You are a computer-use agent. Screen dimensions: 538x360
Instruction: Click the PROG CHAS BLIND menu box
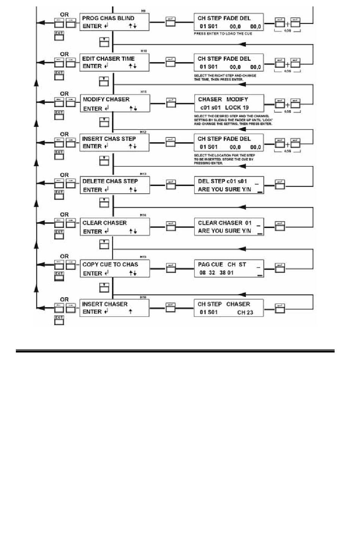click(114, 22)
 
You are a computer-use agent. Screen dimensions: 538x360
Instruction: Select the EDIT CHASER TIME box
click(114, 62)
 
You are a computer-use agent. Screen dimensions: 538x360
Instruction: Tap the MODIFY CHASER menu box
click(114, 103)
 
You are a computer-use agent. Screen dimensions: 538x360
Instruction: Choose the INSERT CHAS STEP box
click(114, 142)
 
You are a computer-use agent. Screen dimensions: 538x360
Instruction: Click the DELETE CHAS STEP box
click(114, 185)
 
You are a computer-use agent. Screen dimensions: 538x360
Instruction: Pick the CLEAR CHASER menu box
click(114, 227)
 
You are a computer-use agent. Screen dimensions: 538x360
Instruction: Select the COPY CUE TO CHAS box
click(114, 269)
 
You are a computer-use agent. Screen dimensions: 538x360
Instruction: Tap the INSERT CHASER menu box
click(114, 308)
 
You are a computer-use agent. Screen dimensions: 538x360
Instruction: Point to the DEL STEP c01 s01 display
click(229, 185)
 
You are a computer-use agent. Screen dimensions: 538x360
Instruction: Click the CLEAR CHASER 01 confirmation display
click(229, 227)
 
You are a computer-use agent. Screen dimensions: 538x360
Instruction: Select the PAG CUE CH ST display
click(229, 269)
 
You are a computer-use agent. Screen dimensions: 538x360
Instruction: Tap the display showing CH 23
click(229, 308)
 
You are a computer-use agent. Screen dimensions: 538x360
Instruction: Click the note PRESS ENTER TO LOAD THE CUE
click(223, 34)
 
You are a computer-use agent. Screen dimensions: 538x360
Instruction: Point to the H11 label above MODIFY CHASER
click(143, 92)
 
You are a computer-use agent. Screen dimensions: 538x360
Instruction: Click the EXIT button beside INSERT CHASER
click(59, 320)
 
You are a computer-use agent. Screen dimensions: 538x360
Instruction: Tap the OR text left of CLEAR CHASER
click(64, 215)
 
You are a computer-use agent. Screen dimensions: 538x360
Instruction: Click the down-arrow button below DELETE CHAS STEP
click(104, 203)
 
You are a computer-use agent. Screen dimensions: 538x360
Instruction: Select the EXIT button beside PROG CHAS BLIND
click(59, 36)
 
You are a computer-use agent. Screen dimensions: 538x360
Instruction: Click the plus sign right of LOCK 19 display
click(287, 105)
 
